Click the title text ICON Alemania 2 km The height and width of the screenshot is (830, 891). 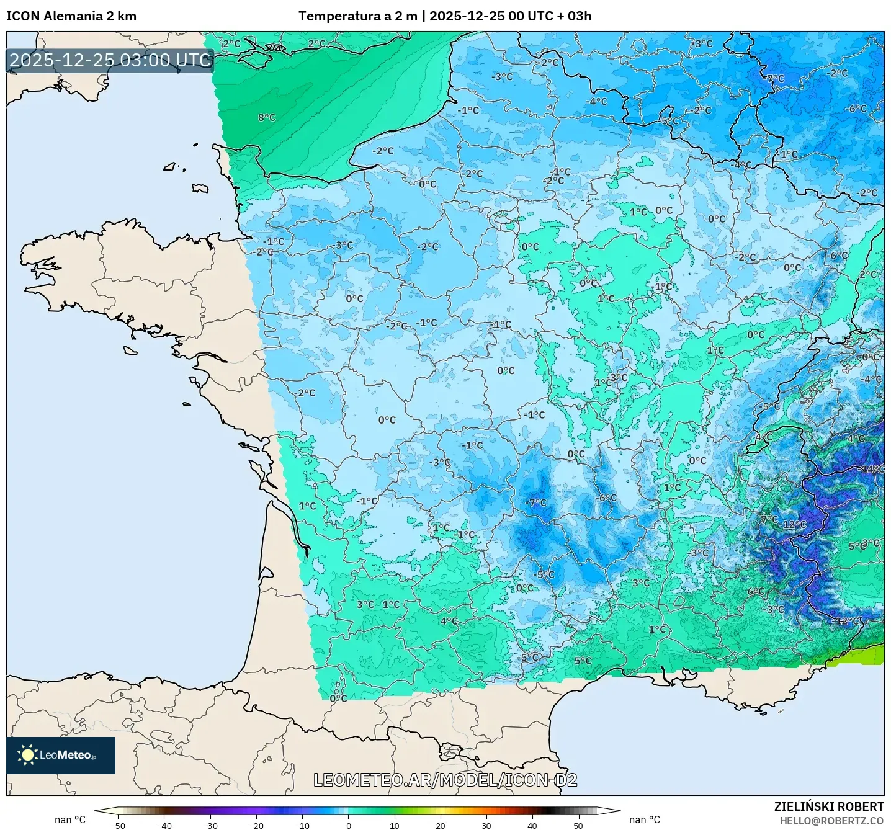pyautogui.click(x=71, y=16)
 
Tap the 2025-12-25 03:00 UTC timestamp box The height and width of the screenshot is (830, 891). pyautogui.click(x=110, y=60)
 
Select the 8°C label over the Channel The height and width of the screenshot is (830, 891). pyautogui.click(x=267, y=117)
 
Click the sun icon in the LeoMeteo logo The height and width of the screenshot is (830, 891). pyautogui.click(x=27, y=755)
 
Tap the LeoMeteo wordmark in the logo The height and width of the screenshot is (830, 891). pyautogui.click(x=67, y=755)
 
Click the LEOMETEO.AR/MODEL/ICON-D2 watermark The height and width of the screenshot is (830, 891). pyautogui.click(x=445, y=780)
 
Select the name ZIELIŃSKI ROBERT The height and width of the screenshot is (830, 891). pyautogui.click(x=829, y=806)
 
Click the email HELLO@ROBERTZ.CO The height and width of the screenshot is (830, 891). pyautogui.click(x=831, y=821)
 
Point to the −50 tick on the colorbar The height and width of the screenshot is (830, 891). pyautogui.click(x=117, y=825)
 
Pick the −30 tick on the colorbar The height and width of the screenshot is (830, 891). pyautogui.click(x=210, y=825)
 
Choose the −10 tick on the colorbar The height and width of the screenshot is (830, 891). pyautogui.click(x=302, y=825)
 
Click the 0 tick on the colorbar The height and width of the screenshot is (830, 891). pyautogui.click(x=349, y=825)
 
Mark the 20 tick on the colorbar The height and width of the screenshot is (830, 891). pyautogui.click(x=441, y=825)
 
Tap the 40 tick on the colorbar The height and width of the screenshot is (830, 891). pyautogui.click(x=532, y=825)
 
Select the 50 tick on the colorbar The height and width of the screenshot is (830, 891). pyautogui.click(x=578, y=825)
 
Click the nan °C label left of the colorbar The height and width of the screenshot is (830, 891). pyautogui.click(x=70, y=819)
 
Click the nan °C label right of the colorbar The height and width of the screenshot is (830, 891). pyautogui.click(x=645, y=819)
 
